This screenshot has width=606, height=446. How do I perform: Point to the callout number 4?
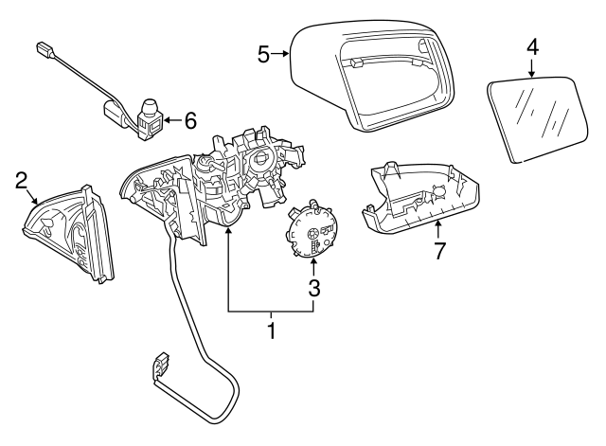(532, 45)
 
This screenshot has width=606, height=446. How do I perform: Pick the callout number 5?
(264, 54)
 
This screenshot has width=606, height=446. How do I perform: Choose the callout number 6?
(189, 120)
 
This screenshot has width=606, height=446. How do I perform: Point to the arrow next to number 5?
(282, 54)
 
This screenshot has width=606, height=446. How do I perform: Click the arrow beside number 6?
(170, 120)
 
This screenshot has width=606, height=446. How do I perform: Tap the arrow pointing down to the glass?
(532, 68)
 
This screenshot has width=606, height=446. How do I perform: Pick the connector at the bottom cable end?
(159, 366)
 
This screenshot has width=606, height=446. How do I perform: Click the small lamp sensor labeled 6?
(149, 116)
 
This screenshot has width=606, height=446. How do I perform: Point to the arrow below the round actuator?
(313, 268)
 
